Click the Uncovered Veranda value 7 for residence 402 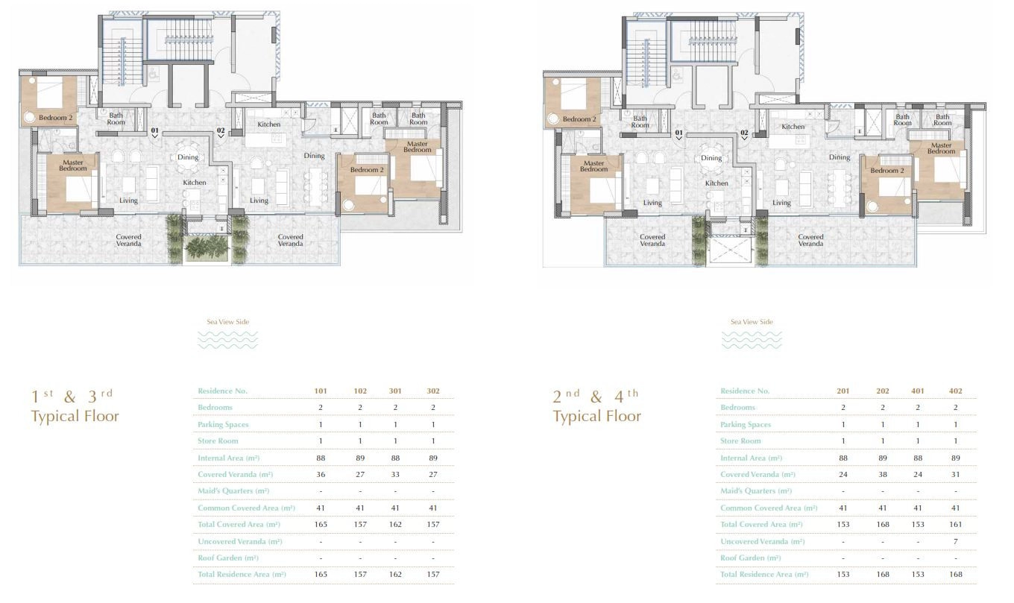point(955,541)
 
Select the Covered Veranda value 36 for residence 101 point(321,475)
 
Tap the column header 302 point(433,391)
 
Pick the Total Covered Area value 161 point(955,524)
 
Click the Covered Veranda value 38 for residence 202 point(882,475)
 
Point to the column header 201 point(843,391)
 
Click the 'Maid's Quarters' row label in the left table point(233,490)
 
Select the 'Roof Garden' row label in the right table point(750,558)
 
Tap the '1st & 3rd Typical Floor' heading point(75,406)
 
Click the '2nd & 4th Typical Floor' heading point(596,406)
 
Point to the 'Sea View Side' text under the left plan point(227,322)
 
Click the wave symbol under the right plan point(751,340)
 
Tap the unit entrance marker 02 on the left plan point(221,133)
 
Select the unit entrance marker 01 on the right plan point(678,135)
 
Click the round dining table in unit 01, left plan point(187,157)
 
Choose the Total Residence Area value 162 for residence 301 point(395,574)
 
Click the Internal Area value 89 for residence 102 point(360,458)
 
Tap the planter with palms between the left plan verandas point(208,248)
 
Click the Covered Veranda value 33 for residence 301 point(395,475)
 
